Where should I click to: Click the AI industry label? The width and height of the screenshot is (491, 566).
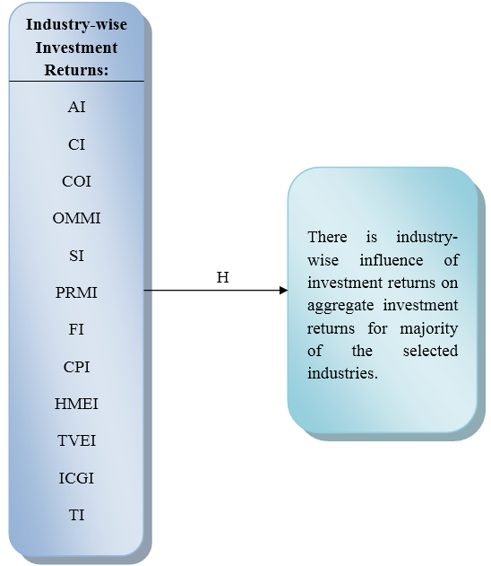(77, 108)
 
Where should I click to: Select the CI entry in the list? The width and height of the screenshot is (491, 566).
(76, 144)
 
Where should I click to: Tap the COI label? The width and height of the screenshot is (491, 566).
(76, 181)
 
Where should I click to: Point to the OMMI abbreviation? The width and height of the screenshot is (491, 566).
(76, 218)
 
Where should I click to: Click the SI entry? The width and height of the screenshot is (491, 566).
(76, 256)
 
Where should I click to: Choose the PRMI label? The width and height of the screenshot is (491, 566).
(76, 292)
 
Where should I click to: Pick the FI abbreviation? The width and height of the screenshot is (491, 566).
(76, 329)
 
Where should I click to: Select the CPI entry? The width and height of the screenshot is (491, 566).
(76, 367)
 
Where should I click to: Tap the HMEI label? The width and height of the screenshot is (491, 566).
(76, 404)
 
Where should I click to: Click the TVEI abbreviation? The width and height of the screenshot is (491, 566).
(76, 440)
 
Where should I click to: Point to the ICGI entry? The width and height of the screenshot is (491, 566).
(76, 478)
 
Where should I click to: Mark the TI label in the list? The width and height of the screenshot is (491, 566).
(77, 515)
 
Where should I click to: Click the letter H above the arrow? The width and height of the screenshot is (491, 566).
(223, 277)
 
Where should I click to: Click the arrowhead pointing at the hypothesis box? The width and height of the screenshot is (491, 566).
(284, 290)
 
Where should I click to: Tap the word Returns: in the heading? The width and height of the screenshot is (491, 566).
(76, 70)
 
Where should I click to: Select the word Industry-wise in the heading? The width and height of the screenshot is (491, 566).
(76, 24)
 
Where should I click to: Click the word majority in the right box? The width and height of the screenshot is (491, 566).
(429, 329)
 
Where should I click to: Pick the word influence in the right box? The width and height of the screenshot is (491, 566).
(392, 260)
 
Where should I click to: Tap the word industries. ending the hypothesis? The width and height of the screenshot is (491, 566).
(342, 373)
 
